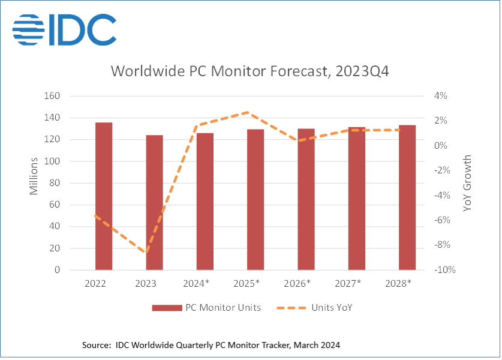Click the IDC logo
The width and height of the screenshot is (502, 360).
click(64, 28)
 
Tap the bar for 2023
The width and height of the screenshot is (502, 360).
click(154, 202)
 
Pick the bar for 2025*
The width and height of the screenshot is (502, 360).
click(255, 199)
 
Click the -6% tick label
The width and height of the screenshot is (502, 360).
click(441, 220)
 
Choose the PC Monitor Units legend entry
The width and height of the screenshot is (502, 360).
click(206, 308)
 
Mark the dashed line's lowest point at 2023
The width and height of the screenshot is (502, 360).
click(146, 253)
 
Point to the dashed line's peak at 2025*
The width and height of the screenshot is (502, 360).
click(249, 112)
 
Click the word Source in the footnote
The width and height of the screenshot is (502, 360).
click(97, 345)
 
